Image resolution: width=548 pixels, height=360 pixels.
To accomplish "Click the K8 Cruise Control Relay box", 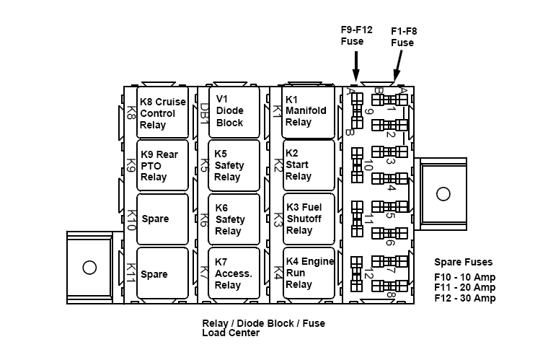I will (x=162, y=113).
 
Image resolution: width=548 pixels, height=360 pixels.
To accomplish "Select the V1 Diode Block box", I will (x=234, y=111).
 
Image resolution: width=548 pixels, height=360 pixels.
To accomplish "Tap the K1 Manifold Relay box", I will (x=309, y=112).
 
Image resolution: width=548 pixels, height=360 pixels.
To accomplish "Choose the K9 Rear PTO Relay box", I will (x=162, y=166).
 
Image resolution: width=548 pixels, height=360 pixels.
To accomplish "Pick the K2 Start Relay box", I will (x=309, y=165).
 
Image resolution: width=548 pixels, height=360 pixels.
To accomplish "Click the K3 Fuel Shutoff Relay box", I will (x=309, y=219).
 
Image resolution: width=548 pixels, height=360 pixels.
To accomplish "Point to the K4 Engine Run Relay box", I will (x=309, y=273).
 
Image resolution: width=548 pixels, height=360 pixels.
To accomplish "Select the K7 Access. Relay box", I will (x=234, y=273).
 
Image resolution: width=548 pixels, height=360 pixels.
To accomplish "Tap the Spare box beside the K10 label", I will (x=162, y=219).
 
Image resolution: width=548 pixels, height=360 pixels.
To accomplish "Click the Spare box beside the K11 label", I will (x=162, y=273).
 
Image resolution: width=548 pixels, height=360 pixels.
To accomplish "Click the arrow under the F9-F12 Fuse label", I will (x=355, y=68).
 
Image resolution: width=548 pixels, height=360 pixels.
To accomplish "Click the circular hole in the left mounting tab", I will (x=89, y=268).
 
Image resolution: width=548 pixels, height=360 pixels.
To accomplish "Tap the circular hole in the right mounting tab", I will (x=442, y=193).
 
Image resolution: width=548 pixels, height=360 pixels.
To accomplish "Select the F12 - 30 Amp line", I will (x=464, y=299).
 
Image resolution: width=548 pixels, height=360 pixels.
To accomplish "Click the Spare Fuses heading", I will (x=463, y=262).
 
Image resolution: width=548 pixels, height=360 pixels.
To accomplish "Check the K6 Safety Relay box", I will (x=234, y=219).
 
